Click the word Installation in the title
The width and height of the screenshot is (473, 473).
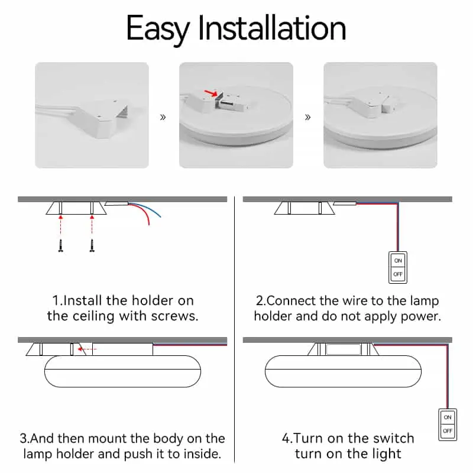click(272, 27)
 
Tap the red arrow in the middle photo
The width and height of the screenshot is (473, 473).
click(210, 93)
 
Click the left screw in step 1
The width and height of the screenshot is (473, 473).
click(61, 245)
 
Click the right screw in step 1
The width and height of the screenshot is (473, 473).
click(92, 245)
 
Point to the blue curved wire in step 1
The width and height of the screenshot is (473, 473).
click(148, 208)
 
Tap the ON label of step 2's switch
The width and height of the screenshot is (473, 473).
click(398, 261)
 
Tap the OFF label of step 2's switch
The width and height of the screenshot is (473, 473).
click(398, 274)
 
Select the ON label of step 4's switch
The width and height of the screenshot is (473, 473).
click(448, 417)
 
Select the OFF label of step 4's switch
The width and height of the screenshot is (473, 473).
click(448, 431)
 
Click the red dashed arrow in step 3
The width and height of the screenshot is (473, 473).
click(87, 349)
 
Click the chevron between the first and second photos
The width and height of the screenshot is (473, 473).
click(163, 117)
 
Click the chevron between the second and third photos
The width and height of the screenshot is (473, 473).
click(307, 117)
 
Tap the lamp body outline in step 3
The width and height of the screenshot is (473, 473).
click(122, 387)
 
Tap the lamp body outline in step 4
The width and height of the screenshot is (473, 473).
click(343, 387)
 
